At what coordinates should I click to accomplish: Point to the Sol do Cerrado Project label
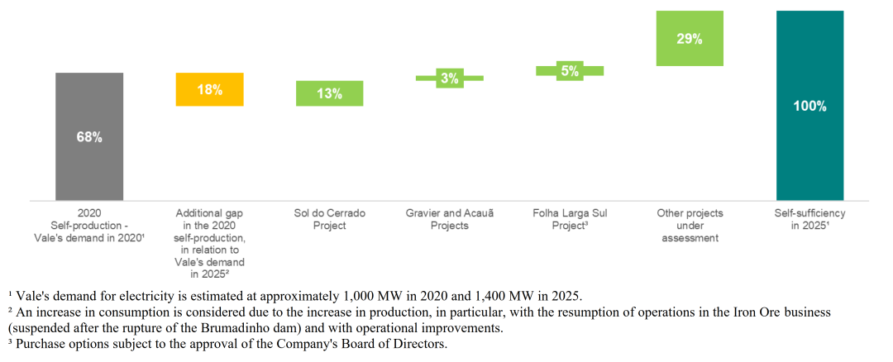coord(329,219)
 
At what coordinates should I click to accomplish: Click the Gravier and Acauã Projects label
coord(449,219)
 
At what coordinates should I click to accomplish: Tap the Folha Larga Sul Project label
coord(570,219)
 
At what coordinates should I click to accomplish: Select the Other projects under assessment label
coord(690,225)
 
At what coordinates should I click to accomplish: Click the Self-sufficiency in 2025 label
coord(809,219)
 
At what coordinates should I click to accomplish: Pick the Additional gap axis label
coord(210,243)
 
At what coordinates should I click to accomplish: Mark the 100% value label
coord(809,107)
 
